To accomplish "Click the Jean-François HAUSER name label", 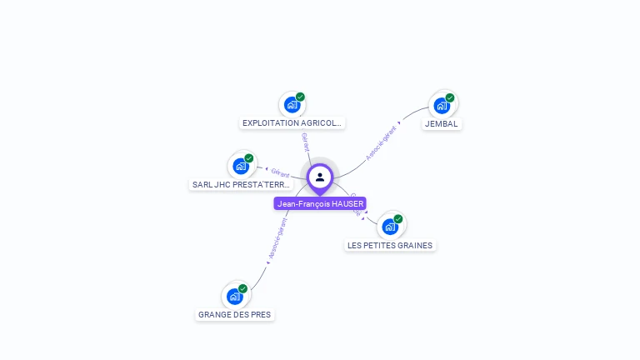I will [x=320, y=203].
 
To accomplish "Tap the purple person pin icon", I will [x=320, y=177].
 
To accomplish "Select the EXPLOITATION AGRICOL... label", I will [x=292, y=123].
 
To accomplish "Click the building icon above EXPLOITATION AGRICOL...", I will [x=292, y=105].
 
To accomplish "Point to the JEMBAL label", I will [x=441, y=124].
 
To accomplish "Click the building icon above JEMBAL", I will [x=441, y=106].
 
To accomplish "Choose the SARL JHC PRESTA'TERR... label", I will [x=241, y=185].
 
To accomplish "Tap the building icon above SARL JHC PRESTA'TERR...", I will [x=241, y=166].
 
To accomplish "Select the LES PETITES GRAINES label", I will [x=390, y=246].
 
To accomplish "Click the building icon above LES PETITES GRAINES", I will [x=389, y=227].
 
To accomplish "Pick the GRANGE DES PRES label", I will [x=234, y=315].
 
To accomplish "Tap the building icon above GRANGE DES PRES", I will [x=234, y=297].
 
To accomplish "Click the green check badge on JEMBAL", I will [x=450, y=97].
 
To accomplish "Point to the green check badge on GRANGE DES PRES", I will [x=243, y=288].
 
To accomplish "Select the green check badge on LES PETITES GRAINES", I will [x=398, y=218].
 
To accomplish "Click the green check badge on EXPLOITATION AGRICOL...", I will [x=301, y=97].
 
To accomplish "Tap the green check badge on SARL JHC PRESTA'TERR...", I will [x=249, y=157].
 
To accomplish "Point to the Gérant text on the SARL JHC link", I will [x=280, y=172].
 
